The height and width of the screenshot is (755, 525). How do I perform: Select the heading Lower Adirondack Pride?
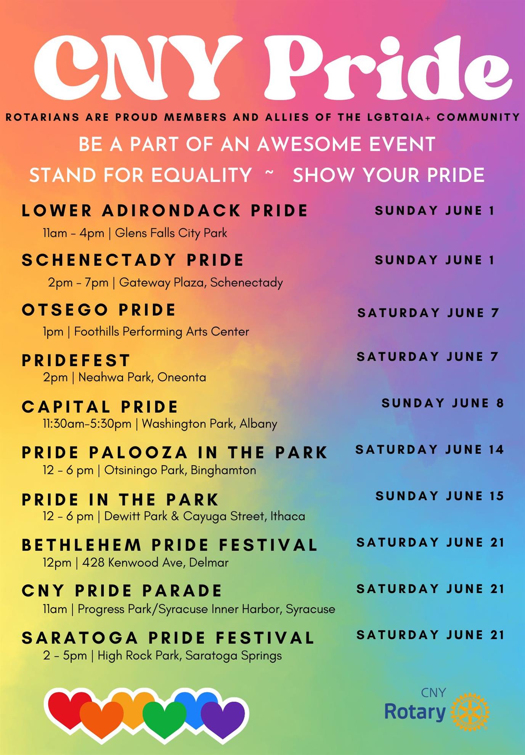[x=164, y=210]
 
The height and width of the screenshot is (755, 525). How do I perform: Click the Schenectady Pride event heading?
[x=132, y=260]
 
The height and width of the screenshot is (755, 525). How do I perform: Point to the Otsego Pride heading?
[x=99, y=310]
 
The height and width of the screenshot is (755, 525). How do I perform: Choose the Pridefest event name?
[x=76, y=360]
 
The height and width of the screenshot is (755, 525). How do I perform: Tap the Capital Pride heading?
[x=100, y=407]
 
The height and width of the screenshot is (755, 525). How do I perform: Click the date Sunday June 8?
[x=443, y=403]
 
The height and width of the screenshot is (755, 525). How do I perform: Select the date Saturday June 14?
[x=430, y=450]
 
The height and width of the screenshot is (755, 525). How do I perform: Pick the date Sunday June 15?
[x=440, y=496]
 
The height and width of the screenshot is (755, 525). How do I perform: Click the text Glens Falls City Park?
[x=171, y=233]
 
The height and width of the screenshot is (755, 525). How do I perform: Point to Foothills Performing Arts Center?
[x=161, y=331]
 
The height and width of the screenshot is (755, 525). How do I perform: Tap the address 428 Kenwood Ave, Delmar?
[x=155, y=562]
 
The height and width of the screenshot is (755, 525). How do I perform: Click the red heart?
[x=67, y=709]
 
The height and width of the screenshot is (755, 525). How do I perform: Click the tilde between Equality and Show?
[x=270, y=172]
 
